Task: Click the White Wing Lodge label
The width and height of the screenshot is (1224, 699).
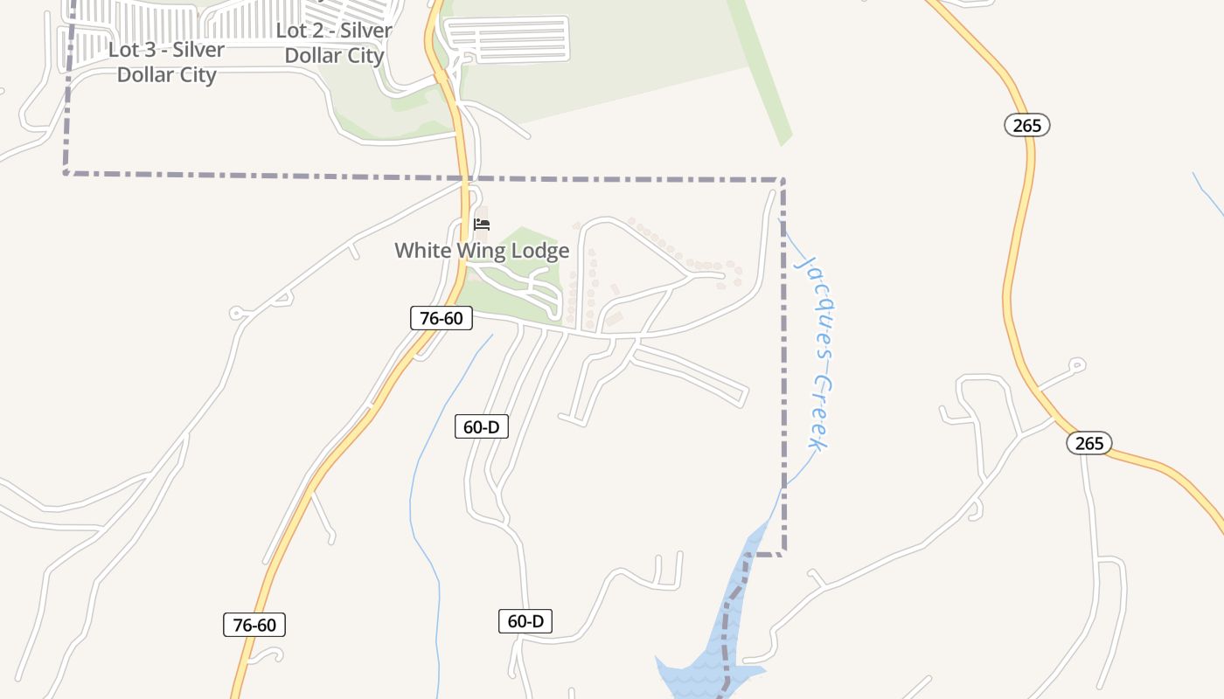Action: point(482,251)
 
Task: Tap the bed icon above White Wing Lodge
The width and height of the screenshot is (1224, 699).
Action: point(481,224)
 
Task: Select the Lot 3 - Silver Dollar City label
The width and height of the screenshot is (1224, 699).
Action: point(166,62)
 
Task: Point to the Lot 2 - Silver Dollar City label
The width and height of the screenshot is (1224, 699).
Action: point(334,43)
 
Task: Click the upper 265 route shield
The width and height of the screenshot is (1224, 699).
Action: point(1026,125)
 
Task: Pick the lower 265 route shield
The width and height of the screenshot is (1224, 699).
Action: point(1088,443)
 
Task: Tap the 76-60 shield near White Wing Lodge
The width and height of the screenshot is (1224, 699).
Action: point(442,318)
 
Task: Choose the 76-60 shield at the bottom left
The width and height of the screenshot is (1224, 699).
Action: point(254,625)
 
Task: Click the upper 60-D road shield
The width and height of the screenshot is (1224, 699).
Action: point(482,426)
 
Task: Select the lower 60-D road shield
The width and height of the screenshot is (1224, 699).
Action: point(526,621)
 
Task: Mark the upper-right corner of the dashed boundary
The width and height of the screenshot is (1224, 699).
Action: point(782,181)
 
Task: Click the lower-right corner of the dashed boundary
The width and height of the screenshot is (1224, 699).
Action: point(782,552)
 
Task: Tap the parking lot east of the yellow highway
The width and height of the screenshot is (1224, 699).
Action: point(507,38)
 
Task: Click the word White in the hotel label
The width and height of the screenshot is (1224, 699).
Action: point(421,251)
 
